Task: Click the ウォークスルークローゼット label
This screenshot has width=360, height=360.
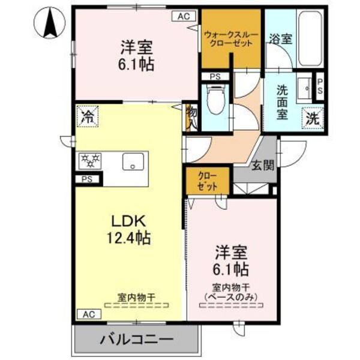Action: [x=231, y=39]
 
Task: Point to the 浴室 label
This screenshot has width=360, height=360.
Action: [x=281, y=40]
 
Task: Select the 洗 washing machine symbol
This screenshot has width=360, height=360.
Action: [x=312, y=118]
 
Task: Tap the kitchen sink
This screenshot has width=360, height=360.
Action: [x=131, y=161]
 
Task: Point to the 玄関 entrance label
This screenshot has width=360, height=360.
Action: [x=263, y=165]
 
